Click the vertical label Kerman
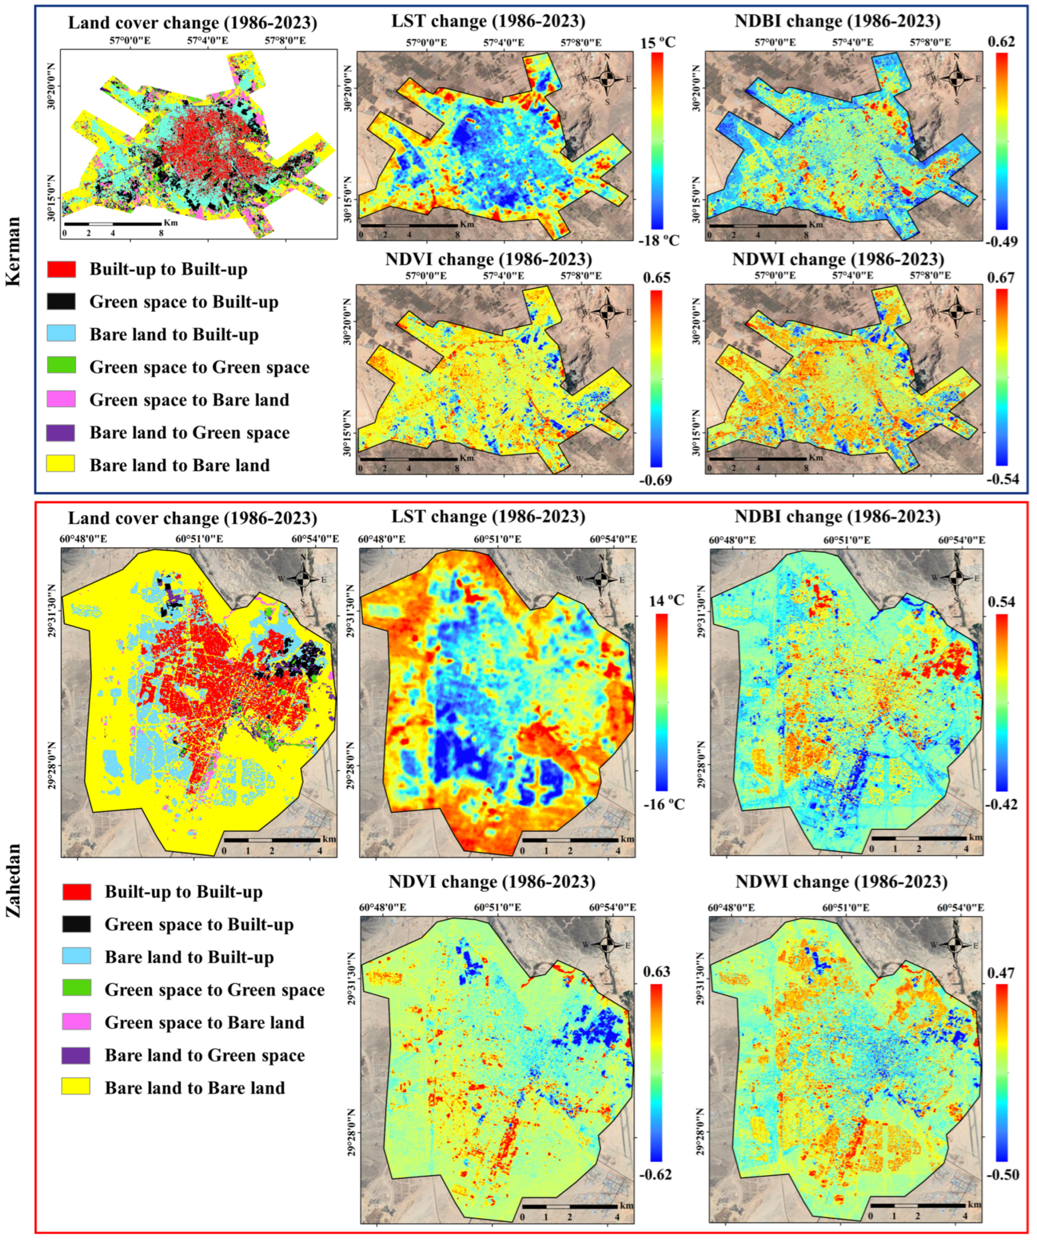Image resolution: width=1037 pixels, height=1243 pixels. (13, 252)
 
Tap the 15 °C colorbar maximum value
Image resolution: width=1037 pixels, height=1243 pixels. (657, 43)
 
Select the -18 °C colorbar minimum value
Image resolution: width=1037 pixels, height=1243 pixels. (657, 241)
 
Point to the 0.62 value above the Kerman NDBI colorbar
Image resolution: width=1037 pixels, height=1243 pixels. (1000, 43)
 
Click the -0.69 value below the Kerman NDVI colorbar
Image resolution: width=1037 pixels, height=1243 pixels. (655, 479)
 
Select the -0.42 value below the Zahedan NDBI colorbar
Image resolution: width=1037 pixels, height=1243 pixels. (1002, 805)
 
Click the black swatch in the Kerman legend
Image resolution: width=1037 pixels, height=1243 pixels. (61, 302)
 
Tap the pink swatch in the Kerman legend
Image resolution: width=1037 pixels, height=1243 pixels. (61, 399)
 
